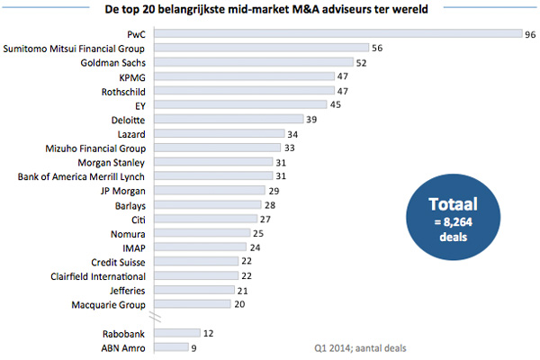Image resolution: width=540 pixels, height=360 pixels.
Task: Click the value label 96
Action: click(x=532, y=33)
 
